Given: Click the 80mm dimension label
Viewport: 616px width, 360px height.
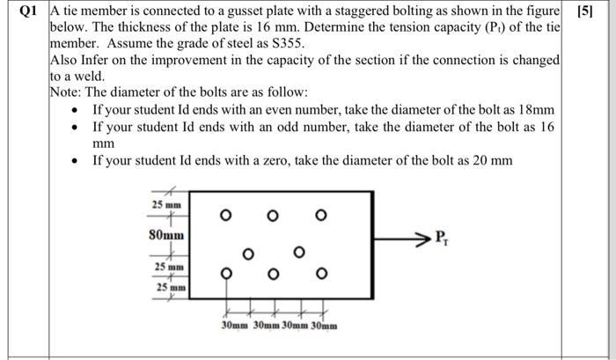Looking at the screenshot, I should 167,236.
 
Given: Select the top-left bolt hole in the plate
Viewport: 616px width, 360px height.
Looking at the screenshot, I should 226,215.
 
